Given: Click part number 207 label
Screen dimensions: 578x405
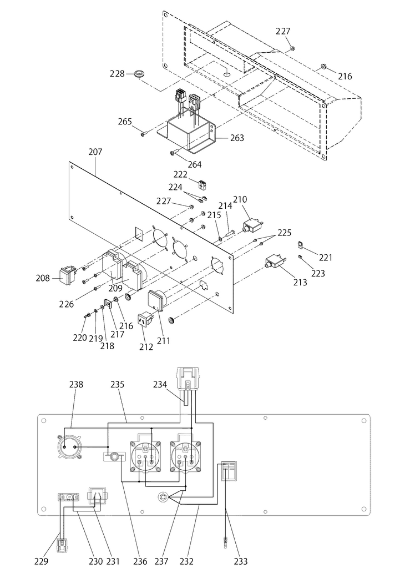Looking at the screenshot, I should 95,152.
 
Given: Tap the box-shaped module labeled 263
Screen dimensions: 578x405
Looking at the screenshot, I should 190,134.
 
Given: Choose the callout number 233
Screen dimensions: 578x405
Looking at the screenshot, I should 240,561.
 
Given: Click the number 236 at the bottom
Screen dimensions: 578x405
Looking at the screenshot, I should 140,561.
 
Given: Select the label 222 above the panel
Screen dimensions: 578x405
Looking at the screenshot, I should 180,174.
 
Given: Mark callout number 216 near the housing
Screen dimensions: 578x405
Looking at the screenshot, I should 345,76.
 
